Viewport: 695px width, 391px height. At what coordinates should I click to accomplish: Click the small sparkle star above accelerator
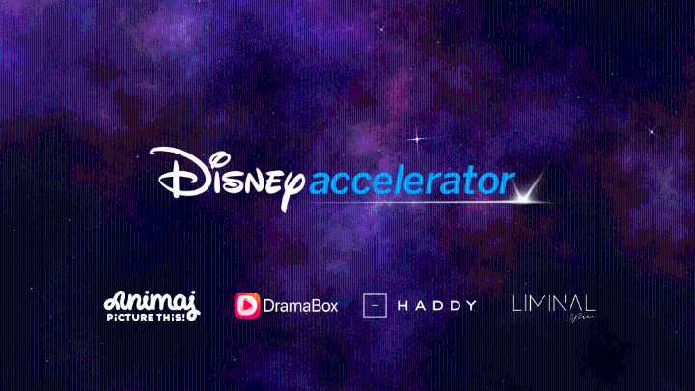pyautogui.click(x=418, y=139)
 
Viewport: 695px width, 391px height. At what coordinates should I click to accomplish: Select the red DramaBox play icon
pyautogui.click(x=247, y=305)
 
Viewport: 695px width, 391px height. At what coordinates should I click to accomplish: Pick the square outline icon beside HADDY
pyautogui.click(x=375, y=305)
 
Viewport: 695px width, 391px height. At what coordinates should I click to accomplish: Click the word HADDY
pyautogui.click(x=438, y=305)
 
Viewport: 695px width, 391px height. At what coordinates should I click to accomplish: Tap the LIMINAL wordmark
pyautogui.click(x=553, y=303)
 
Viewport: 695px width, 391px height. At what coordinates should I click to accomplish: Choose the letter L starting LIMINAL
pyautogui.click(x=515, y=303)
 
